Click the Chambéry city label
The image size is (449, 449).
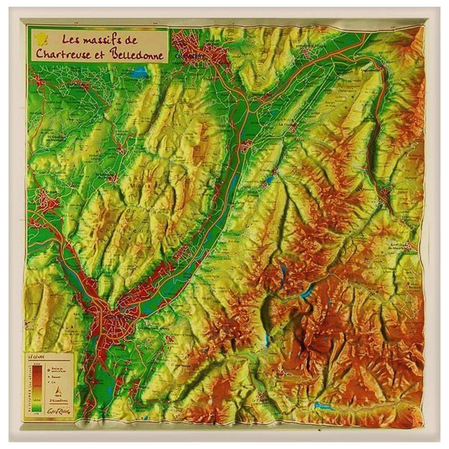tap(191, 57)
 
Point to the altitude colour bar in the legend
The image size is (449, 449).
tap(37, 386)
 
